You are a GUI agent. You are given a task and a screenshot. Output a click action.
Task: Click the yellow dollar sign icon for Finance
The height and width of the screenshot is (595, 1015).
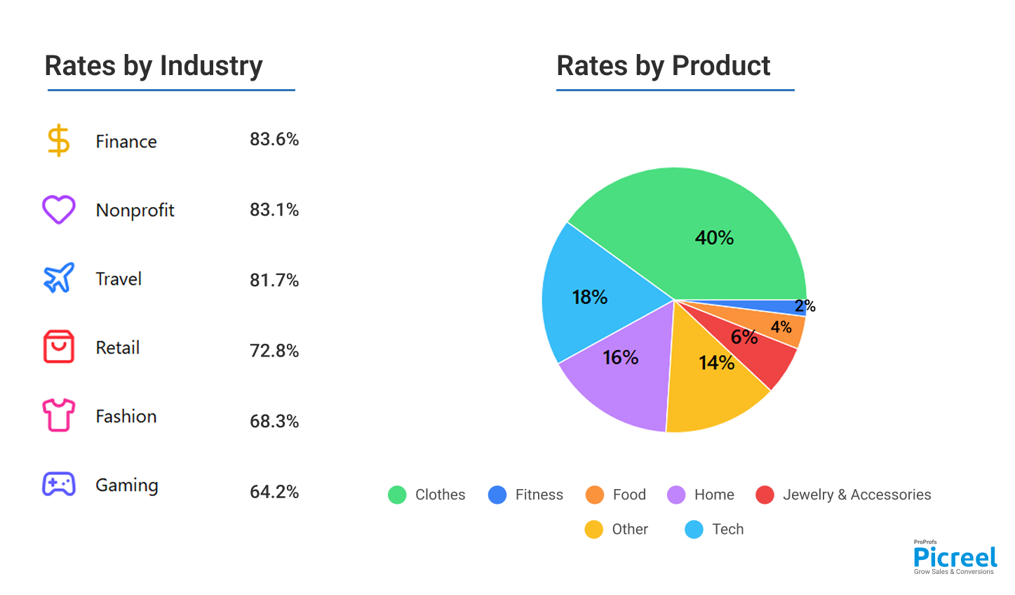point(58,140)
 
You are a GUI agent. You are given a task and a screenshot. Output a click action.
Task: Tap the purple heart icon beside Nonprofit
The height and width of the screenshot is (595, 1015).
point(58,210)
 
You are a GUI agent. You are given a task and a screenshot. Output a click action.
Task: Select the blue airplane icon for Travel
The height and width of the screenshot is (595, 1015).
point(58,279)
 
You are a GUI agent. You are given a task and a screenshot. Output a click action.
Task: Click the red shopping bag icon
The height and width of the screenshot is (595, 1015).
point(58,347)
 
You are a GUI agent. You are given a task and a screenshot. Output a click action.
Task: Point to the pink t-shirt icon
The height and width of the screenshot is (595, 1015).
point(58,415)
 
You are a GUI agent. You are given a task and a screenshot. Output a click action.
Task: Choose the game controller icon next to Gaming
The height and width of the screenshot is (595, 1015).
point(58,484)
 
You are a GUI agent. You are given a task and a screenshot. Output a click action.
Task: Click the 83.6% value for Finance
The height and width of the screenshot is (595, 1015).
point(274,140)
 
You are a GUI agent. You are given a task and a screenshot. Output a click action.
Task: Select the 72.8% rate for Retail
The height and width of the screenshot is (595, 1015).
point(274,351)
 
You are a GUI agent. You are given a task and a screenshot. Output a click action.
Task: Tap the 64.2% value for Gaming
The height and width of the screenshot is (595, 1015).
point(274,492)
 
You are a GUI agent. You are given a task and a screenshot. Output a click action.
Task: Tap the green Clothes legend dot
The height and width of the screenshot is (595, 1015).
point(397,495)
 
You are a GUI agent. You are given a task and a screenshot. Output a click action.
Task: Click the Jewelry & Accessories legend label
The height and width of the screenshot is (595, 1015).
point(856,495)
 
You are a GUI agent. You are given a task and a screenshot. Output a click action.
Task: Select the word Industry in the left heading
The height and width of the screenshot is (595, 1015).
point(211,66)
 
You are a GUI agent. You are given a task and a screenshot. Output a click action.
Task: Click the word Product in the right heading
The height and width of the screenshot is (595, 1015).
point(721,66)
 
